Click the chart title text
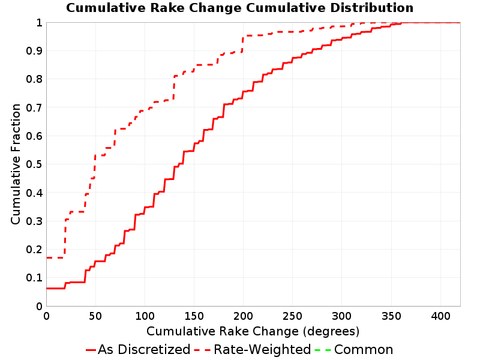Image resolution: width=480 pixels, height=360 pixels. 239,8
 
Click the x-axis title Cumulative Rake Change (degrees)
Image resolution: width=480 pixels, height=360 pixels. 253,331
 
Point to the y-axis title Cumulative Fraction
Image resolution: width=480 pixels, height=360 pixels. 16,164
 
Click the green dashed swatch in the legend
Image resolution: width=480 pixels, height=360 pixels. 323,350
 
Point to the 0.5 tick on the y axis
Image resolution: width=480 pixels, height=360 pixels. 34,164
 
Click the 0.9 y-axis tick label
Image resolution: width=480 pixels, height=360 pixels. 34,50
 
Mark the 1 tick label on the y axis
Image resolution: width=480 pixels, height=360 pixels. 39,22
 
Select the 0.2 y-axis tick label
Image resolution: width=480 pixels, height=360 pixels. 34,250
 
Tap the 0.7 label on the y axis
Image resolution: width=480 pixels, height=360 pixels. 34,107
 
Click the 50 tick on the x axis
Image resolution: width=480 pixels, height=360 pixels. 95,316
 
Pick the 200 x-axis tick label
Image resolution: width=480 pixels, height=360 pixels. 243,316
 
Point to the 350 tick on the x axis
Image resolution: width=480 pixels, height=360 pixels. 391,316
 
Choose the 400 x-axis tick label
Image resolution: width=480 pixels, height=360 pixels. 440,316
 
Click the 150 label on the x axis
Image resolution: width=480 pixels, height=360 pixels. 194,316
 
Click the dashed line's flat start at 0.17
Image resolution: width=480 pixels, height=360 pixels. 55,258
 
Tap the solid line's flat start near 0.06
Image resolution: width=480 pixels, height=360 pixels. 55,289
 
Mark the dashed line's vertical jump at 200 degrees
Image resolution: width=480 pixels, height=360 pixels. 243,44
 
